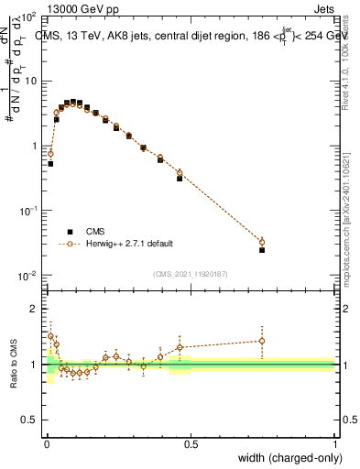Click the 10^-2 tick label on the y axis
pyautogui.click(x=27, y=276)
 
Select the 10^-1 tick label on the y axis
pyautogui.click(x=27, y=211)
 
